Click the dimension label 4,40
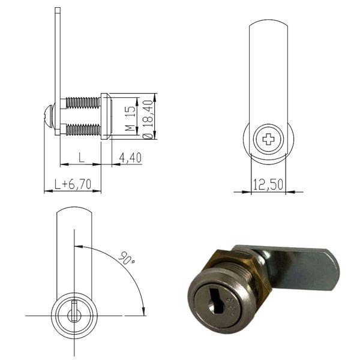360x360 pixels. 130,158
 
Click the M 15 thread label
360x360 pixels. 128,119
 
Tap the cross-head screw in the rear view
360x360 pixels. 268,141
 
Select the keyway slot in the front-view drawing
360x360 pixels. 73,313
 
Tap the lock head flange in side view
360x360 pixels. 105,116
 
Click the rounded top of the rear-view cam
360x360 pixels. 268,24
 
